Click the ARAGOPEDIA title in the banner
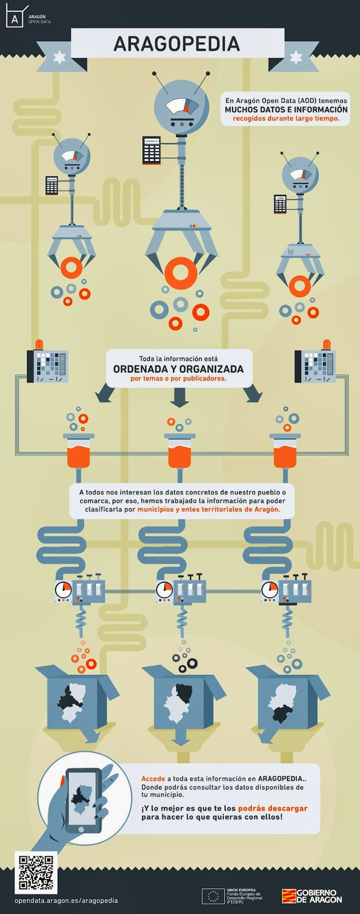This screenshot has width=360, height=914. point(177,44)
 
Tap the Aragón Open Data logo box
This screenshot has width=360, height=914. point(15,19)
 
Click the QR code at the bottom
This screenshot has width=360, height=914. point(35,872)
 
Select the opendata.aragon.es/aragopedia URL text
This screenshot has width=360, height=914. point(66,900)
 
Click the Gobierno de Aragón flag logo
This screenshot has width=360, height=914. point(289,896)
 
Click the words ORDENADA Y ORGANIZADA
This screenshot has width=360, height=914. point(178,369)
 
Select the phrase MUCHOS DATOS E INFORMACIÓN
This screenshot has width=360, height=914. point(286,109)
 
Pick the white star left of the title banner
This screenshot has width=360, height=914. point(59,57)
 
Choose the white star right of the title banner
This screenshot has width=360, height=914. point(295,57)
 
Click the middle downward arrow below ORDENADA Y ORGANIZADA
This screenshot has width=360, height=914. point(179,397)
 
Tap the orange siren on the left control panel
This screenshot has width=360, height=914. point(39,343)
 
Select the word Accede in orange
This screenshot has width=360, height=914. point(153,779)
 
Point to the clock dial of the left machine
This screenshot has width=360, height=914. point(63,590)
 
